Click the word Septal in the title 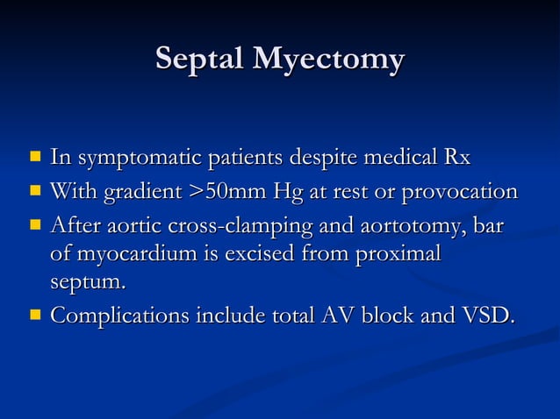pos(199,60)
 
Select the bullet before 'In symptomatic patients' pos(35,159)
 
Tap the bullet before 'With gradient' pos(35,191)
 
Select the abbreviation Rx pos(456,159)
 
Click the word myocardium pos(132,256)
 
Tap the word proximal pos(394,256)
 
